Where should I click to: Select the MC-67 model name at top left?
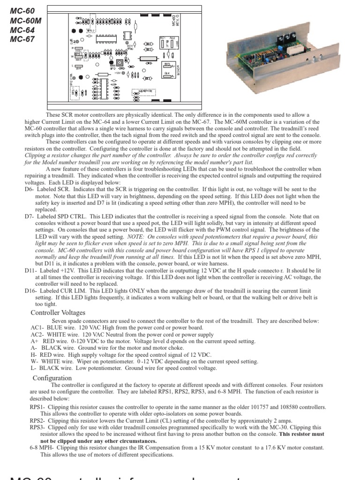coord(22,39)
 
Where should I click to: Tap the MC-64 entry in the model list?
coord(22,30)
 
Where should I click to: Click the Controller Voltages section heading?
coord(58,313)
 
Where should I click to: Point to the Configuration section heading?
coord(52,378)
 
